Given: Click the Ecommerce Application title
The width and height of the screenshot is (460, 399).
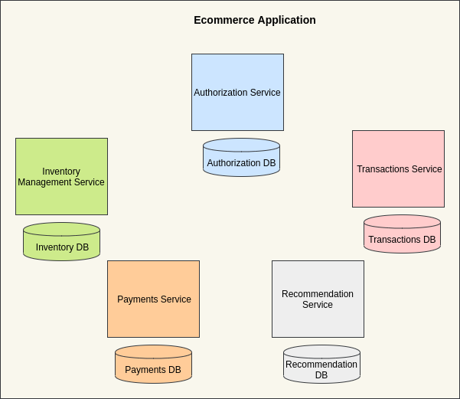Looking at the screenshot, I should (x=255, y=20).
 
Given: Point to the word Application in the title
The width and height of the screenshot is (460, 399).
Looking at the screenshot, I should (x=285, y=20).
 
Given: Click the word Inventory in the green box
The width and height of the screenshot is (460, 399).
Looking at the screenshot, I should (x=61, y=172).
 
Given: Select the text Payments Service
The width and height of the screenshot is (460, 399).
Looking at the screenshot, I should (x=154, y=299).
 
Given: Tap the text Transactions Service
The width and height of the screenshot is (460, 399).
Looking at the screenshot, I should (x=399, y=169).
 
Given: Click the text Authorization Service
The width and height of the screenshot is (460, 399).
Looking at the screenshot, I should (x=237, y=93).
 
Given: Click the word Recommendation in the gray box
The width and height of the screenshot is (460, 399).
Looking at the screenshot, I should (x=318, y=294).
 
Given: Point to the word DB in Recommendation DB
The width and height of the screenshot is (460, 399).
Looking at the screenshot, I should (x=321, y=375).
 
